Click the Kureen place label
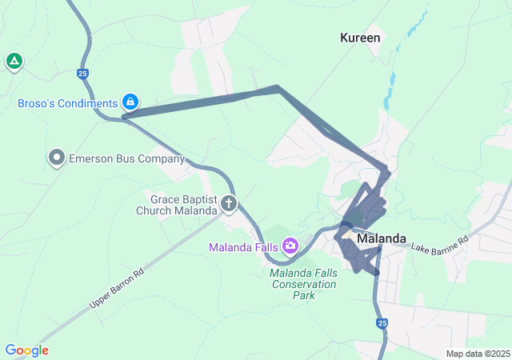point(360,38)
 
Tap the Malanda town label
point(382,238)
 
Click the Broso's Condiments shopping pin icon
point(130,102)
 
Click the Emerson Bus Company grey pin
point(56,158)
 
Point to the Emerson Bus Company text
point(126,158)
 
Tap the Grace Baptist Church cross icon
point(229,204)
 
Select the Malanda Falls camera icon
point(290,246)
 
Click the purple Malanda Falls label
point(243,246)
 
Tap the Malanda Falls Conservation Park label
point(303,284)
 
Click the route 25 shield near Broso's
point(83,74)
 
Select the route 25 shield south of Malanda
point(382,323)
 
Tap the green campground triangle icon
point(14,61)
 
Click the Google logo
point(26,350)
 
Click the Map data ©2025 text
point(478,354)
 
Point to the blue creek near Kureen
point(392,80)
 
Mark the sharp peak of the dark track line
point(277,87)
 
